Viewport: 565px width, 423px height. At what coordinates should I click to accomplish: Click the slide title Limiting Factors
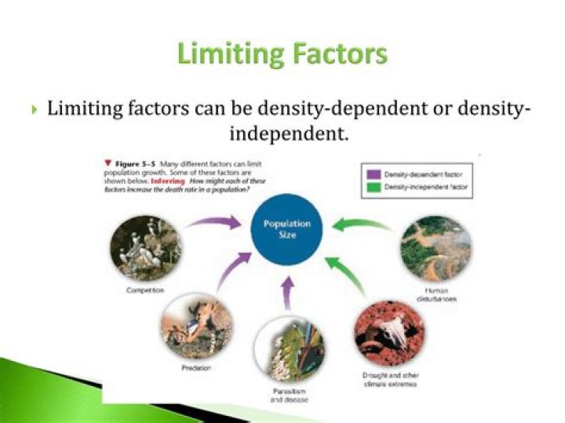tap(282, 54)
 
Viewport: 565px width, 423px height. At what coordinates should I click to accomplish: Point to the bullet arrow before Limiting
tap(34, 110)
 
